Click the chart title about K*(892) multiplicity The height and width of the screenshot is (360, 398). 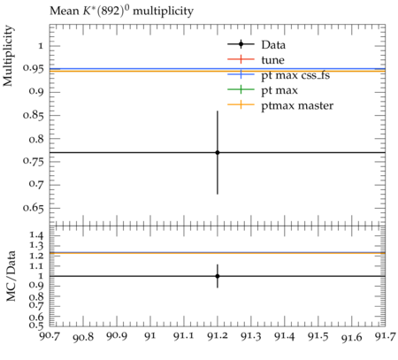pos(121,11)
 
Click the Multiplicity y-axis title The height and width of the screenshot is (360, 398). pos(8,56)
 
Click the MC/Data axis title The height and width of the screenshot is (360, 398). pos(11,276)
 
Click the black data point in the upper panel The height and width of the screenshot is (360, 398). pos(218,152)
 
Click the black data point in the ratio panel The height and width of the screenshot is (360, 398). pos(218,276)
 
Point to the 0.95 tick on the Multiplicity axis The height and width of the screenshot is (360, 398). pos(33,68)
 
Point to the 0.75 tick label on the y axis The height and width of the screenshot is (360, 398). pos(33,162)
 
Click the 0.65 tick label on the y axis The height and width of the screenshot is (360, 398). pos(33,208)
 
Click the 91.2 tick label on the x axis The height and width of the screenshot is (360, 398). pos(218,336)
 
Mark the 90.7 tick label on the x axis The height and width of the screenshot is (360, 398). pos(50,336)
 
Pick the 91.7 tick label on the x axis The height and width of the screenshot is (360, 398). pos(386,336)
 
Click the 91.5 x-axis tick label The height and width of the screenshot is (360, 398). pos(318,336)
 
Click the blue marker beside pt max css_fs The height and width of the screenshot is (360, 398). pos(241,74)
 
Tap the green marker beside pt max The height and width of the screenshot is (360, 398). pos(241,89)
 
